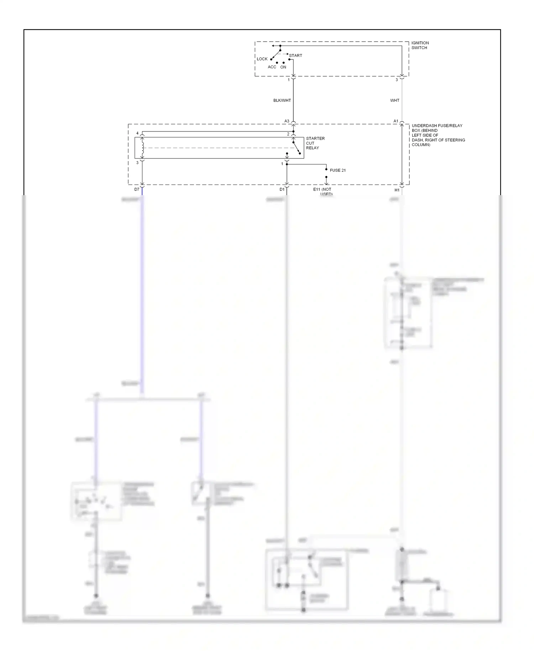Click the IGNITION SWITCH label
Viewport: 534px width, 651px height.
tap(420, 45)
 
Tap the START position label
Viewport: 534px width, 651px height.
tap(295, 56)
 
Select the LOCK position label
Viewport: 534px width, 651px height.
tap(262, 59)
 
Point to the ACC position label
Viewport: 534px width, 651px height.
tap(272, 67)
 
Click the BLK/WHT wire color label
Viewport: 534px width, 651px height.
tap(282, 100)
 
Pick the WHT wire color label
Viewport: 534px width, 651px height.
tap(394, 100)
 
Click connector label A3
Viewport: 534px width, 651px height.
tap(287, 121)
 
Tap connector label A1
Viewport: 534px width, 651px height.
tap(396, 121)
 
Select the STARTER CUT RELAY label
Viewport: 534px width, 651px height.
tap(315, 143)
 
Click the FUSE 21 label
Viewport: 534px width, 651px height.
tap(337, 170)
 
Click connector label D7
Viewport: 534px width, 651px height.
tap(137, 189)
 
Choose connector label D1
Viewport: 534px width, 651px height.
tap(282, 189)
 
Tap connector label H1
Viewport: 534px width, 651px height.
tap(397, 190)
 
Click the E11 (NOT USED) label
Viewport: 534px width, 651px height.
tap(323, 192)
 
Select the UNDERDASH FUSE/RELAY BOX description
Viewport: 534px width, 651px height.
tap(438, 135)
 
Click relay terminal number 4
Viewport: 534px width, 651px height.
tap(137, 133)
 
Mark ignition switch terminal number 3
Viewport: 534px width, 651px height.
tap(396, 80)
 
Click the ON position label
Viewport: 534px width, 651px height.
tap(283, 67)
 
